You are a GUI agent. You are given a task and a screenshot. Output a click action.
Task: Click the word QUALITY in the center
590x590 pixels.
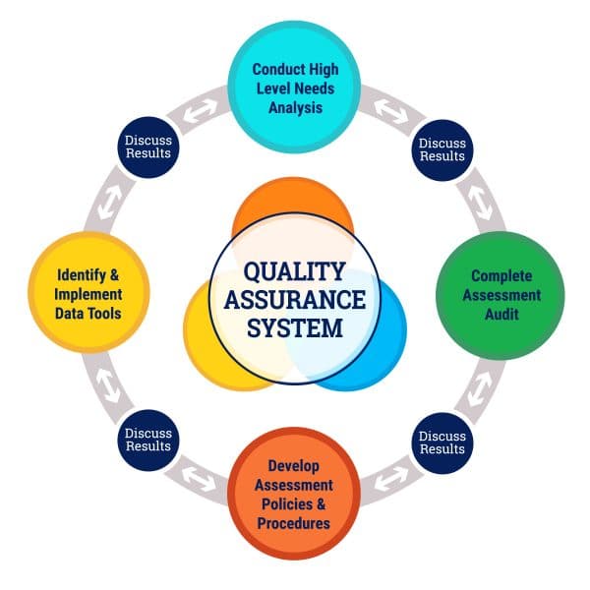294,271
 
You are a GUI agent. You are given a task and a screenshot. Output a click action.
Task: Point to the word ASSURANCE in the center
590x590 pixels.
294,299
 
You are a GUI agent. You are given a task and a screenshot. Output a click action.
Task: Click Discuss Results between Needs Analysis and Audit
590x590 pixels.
442,149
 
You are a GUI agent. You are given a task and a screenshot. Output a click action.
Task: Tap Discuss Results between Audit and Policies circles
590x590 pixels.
442,442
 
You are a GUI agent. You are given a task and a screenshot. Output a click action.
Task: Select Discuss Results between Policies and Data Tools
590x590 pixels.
147,442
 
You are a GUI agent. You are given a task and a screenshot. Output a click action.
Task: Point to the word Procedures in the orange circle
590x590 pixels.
293,523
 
